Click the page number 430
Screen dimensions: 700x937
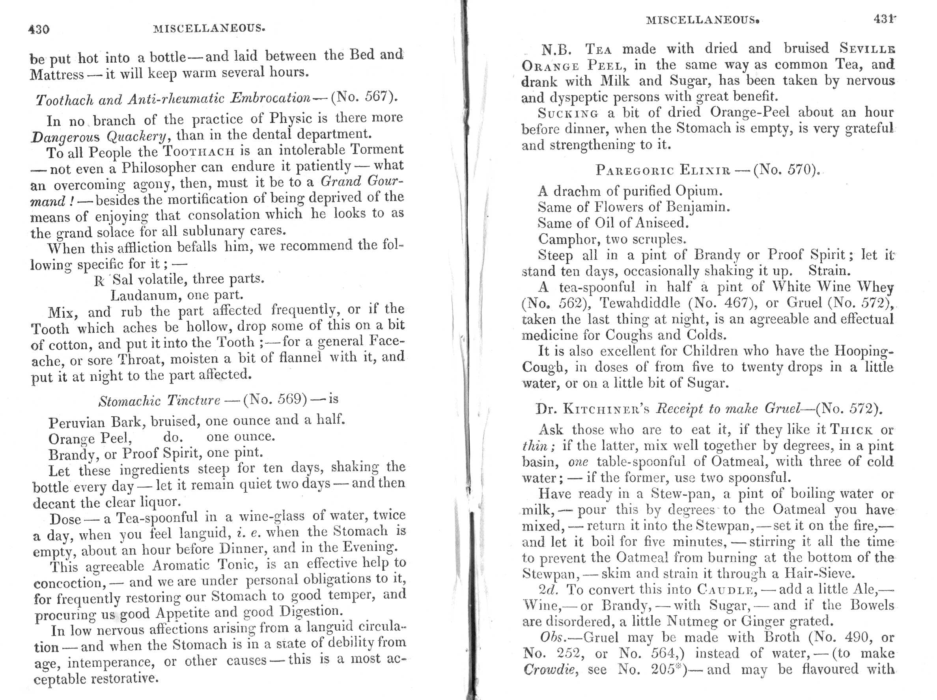39,29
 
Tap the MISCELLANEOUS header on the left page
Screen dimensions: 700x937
209,28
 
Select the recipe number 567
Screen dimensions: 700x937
376,97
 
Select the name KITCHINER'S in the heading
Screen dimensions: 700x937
607,409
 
